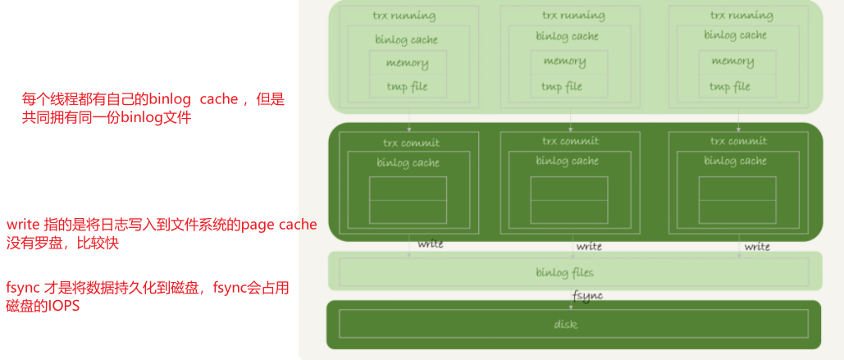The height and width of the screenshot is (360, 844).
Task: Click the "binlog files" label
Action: [x=564, y=271]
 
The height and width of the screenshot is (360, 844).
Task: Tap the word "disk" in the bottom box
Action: [x=565, y=324]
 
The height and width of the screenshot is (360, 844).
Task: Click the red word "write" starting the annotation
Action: [x=21, y=225]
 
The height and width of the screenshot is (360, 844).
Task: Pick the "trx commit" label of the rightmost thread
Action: [x=738, y=141]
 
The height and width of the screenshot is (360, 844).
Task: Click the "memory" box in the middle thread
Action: [x=564, y=62]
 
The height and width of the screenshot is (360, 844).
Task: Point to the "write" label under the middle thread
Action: [x=589, y=246]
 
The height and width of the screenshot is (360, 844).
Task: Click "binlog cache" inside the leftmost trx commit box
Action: [x=408, y=162]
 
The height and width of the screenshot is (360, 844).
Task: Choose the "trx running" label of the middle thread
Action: [x=572, y=16]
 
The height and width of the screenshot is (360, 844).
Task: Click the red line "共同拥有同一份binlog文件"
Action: [x=106, y=118]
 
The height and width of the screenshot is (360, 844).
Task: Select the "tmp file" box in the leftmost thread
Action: [x=408, y=86]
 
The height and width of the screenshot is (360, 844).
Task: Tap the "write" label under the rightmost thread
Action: [x=757, y=246]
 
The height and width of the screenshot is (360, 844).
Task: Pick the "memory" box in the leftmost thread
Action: [x=408, y=62]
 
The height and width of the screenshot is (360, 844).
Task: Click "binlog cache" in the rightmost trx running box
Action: [x=735, y=35]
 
